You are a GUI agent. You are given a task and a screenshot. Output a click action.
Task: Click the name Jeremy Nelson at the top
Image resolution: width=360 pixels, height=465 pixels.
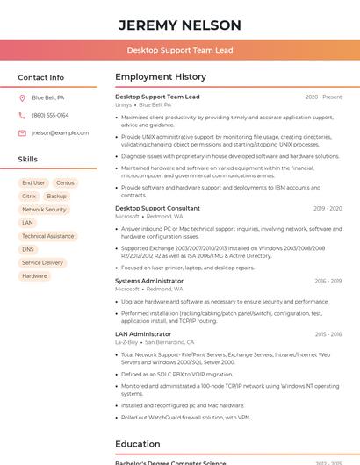(x=179, y=25)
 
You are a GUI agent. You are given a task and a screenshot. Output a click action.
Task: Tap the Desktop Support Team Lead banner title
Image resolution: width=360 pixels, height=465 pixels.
(x=179, y=50)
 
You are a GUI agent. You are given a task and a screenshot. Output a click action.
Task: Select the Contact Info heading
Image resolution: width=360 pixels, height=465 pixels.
(x=40, y=77)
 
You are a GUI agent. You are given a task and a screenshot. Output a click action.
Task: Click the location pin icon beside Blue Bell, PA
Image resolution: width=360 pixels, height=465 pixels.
(x=22, y=97)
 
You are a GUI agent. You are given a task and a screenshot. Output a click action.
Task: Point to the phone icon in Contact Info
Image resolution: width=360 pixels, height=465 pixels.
(x=22, y=115)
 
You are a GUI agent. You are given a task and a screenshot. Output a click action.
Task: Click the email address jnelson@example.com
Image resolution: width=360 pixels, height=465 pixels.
(x=60, y=132)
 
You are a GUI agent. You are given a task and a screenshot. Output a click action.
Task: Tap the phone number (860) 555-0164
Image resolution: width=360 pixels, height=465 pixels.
(x=50, y=115)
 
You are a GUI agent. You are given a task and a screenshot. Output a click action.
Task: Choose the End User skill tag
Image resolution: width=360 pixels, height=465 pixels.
(x=33, y=183)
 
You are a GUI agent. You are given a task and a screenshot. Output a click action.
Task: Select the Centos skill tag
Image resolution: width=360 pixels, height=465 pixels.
(x=65, y=183)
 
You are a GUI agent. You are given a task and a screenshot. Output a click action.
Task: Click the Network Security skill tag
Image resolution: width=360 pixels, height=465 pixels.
(x=44, y=210)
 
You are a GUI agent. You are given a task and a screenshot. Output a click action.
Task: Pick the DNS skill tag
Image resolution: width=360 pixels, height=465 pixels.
(x=28, y=249)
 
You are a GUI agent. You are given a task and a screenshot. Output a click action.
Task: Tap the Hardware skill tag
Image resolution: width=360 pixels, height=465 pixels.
(x=34, y=275)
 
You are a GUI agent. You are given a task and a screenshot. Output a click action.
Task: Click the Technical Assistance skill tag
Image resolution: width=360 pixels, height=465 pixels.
(x=47, y=236)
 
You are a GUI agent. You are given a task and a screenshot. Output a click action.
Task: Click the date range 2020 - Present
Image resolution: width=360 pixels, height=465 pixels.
(x=323, y=97)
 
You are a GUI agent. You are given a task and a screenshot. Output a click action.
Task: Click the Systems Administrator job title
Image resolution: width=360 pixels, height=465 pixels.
(x=149, y=281)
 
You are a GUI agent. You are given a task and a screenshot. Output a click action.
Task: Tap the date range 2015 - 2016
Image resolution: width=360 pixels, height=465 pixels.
(x=328, y=334)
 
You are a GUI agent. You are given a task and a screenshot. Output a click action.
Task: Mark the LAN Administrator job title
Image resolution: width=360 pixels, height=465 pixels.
(x=143, y=334)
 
